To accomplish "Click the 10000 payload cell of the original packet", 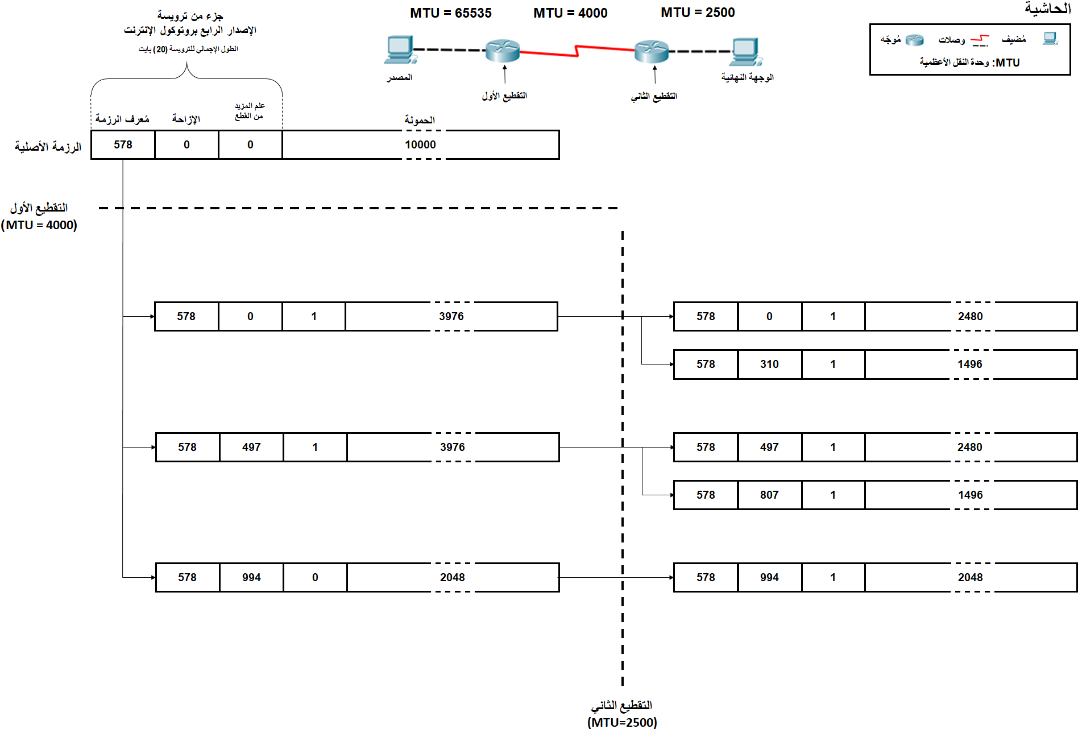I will tap(420, 144).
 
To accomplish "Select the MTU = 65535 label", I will tap(451, 13).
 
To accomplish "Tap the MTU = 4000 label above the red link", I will tap(570, 13).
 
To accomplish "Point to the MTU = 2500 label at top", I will tap(698, 13).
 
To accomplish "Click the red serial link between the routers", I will tap(577, 52).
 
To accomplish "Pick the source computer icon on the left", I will tap(400, 50).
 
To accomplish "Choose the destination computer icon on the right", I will tap(746, 52).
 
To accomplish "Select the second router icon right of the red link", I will tap(652, 51).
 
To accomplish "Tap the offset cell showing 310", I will tap(769, 364).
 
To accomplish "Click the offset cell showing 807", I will tap(769, 495).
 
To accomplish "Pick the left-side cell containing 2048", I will tap(452, 578).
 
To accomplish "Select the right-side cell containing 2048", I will tap(970, 578).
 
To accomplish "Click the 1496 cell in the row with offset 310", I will tap(970, 364).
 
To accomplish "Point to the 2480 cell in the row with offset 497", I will tap(970, 448).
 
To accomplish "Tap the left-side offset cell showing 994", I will tap(251, 578).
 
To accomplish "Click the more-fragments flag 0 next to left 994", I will tap(315, 578).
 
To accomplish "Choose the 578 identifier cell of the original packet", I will tap(123, 144).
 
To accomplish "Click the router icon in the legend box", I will tap(914, 40).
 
